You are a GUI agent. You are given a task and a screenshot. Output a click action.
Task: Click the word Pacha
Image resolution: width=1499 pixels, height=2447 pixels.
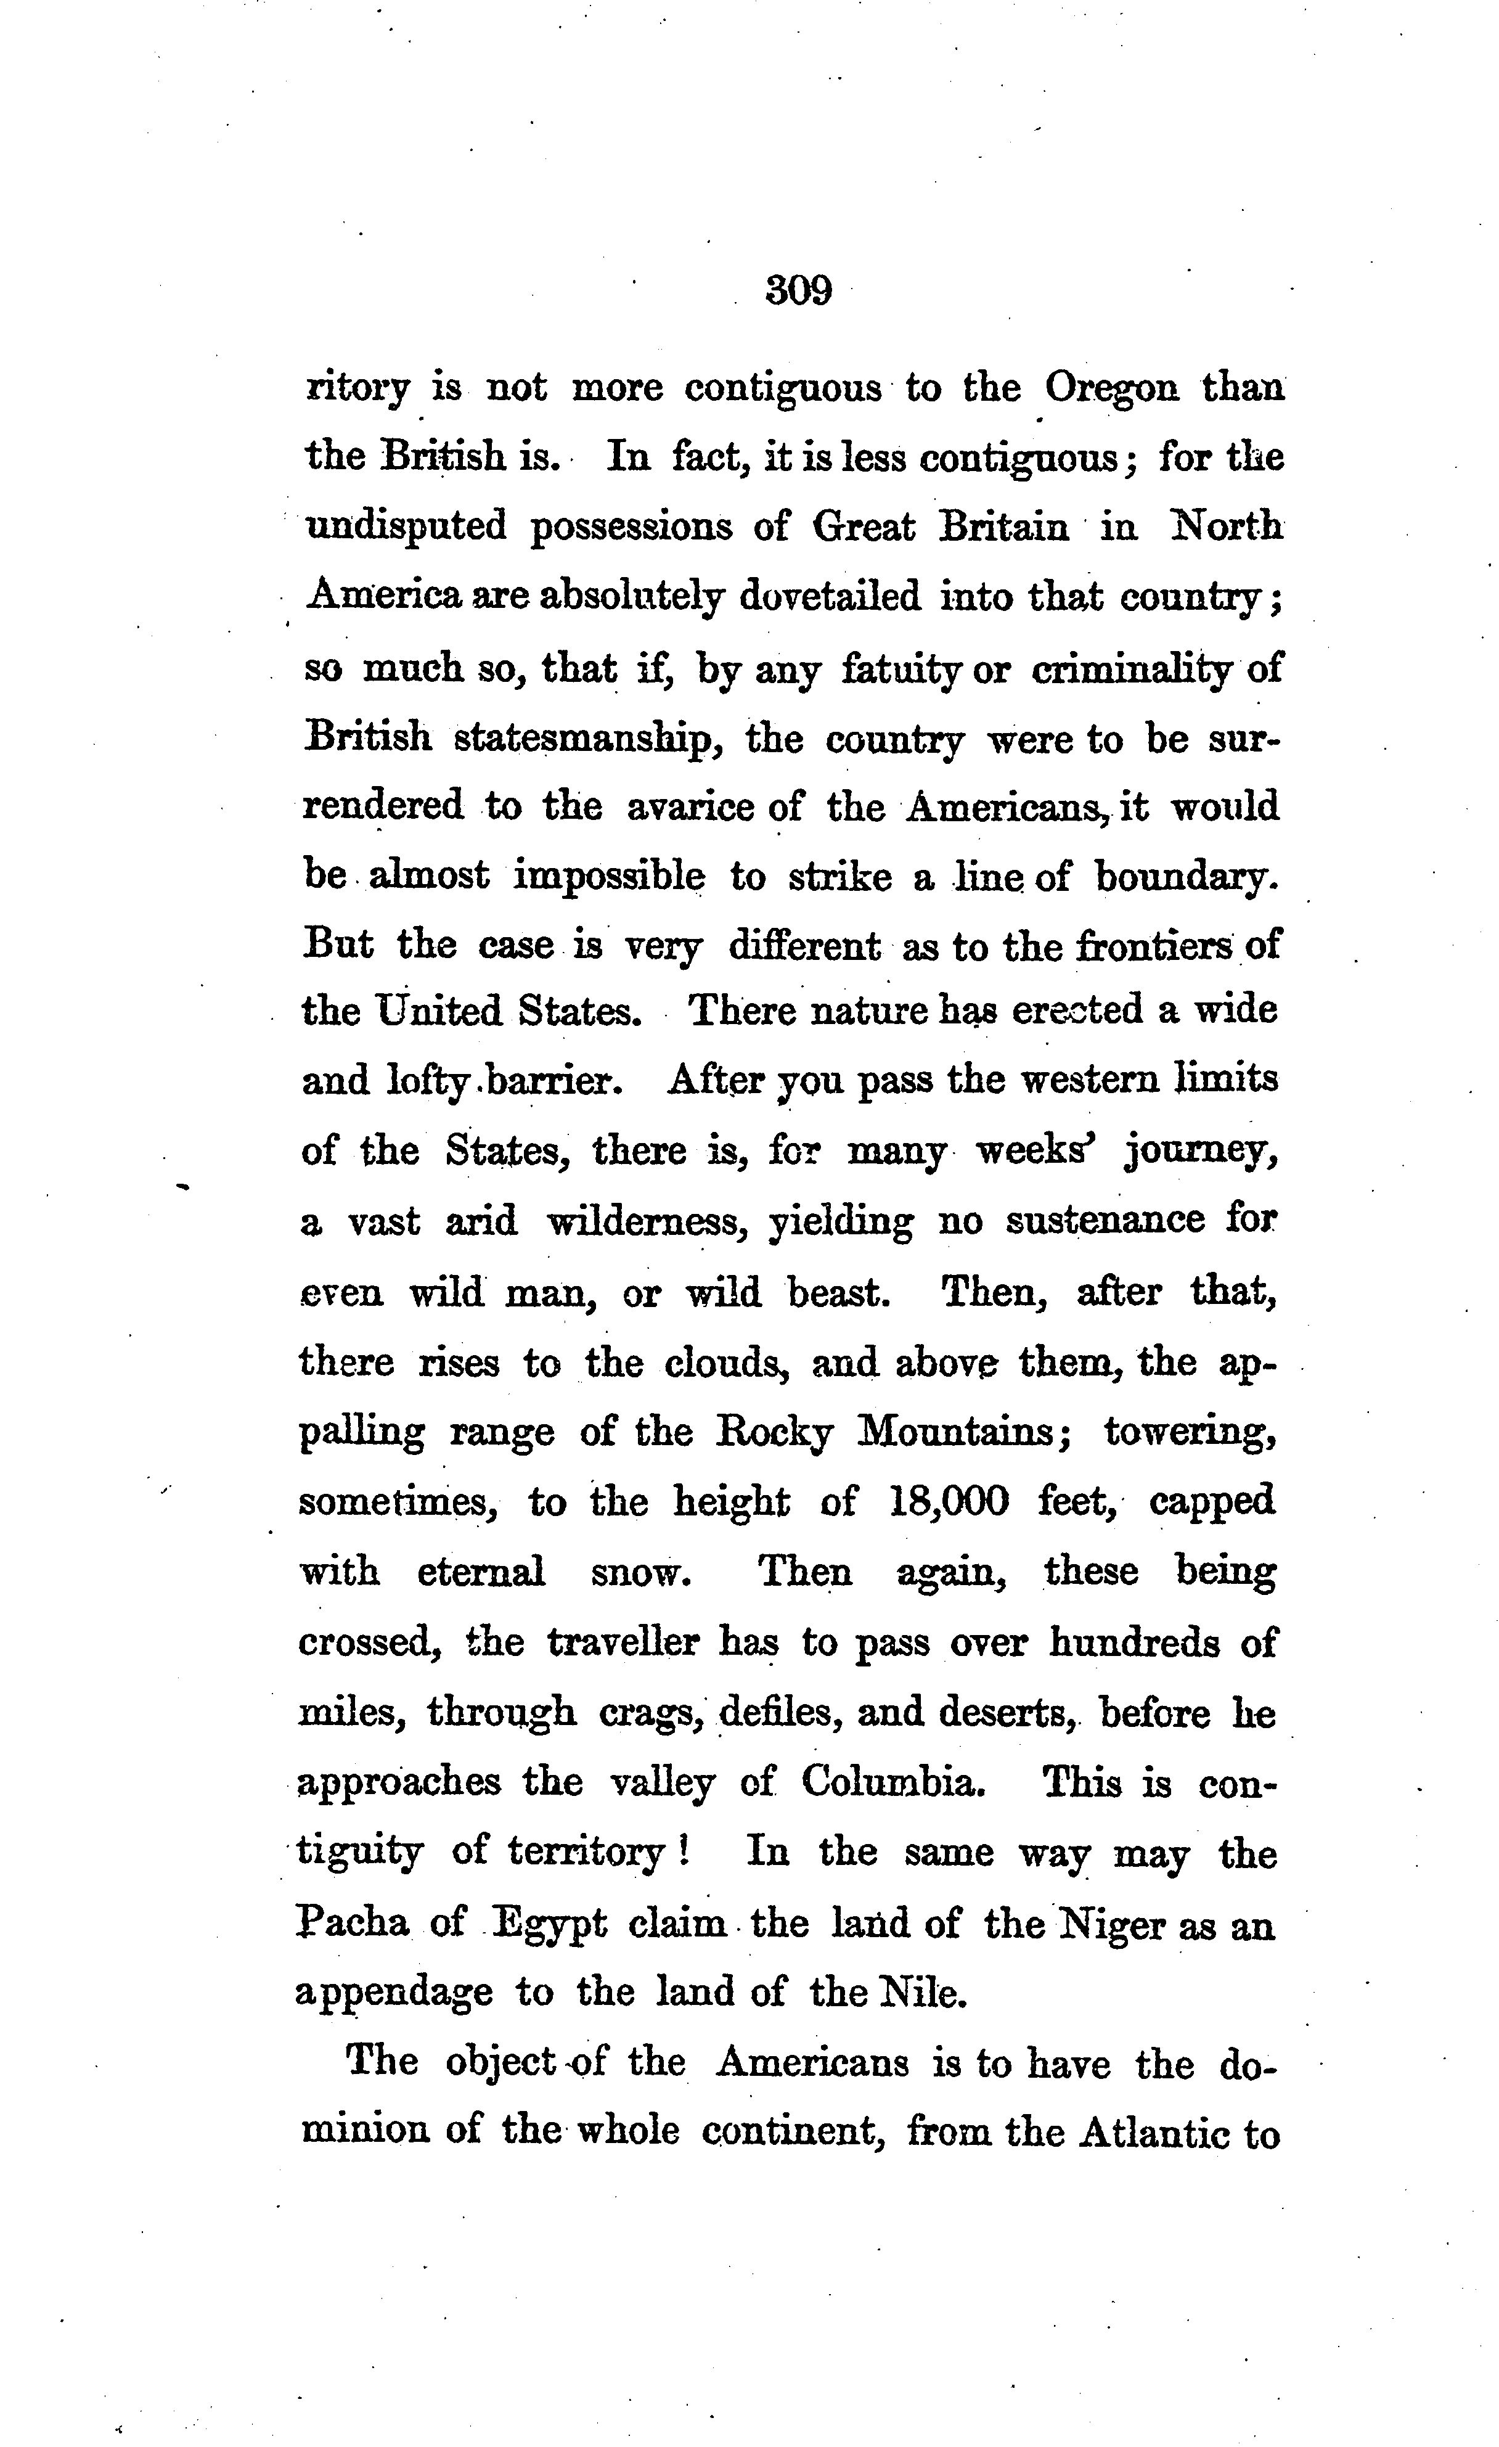click(353, 1924)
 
